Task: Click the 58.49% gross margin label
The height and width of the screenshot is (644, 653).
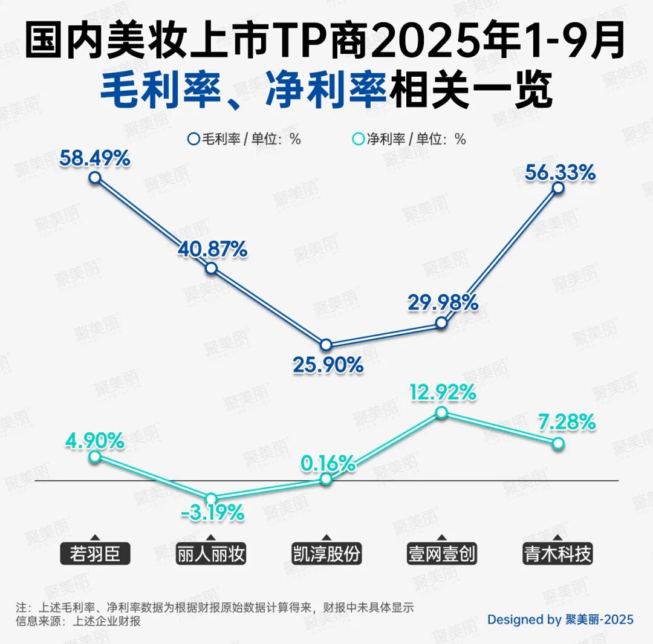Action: [x=95, y=158]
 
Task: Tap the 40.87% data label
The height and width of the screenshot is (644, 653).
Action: [x=212, y=249]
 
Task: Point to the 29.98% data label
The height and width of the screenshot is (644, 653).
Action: [x=443, y=302]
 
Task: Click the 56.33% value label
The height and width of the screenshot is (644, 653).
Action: [x=560, y=173]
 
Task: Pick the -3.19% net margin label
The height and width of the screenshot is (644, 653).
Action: [x=212, y=515]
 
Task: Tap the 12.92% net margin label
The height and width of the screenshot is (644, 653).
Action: [x=441, y=392]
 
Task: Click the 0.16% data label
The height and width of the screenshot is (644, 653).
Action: [x=328, y=464]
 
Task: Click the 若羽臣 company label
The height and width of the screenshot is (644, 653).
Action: [x=95, y=554]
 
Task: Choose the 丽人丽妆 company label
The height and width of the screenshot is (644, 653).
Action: [x=211, y=554]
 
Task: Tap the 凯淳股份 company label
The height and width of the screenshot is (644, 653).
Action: [x=326, y=554]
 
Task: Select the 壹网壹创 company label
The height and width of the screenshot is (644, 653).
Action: [x=442, y=554]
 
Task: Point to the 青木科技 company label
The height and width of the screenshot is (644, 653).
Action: [x=557, y=554]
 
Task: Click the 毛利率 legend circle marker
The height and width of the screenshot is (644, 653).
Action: [x=193, y=139]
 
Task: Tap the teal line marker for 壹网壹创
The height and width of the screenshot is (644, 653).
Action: [x=442, y=412]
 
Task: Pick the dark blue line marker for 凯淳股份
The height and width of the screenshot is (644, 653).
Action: [x=326, y=345]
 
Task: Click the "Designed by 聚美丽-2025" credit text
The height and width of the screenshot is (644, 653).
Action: [x=560, y=619]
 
